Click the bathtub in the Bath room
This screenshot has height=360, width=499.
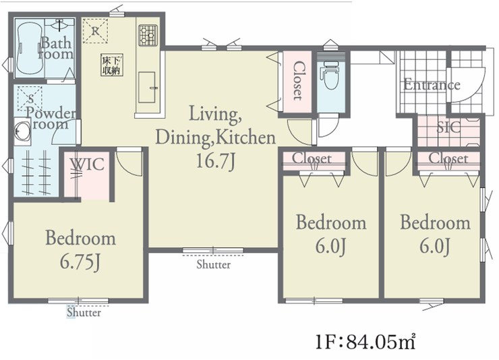coord(30,48)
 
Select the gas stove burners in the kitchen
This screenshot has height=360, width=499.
coord(148,35)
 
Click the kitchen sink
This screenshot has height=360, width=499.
coord(147,87)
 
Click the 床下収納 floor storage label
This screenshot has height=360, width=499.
coord(112,65)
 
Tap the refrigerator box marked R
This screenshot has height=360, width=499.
coord(95,31)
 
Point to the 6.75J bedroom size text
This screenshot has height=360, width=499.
coord(80,263)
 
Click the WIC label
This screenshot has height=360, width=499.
coord(88,164)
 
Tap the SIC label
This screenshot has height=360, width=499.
coord(448,127)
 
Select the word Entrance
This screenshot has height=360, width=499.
coord(432,85)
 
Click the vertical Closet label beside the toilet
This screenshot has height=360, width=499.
coord(299,81)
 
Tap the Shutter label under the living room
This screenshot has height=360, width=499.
coord(213,264)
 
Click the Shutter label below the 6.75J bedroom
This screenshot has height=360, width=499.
coord(84,312)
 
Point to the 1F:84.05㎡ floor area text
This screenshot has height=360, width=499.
coord(365,342)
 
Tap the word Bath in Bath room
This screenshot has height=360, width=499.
coord(56,43)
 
